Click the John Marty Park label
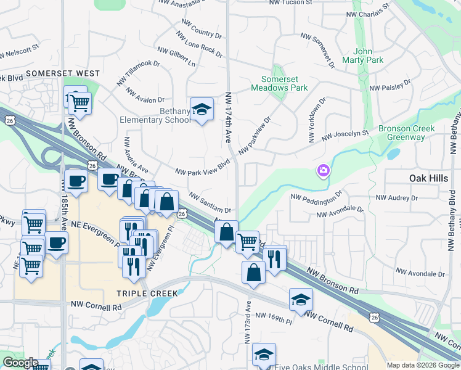(x=369, y=55)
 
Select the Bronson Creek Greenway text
(x=406, y=133)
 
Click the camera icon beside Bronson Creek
(x=323, y=170)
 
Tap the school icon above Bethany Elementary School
(x=201, y=109)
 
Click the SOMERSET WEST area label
(x=63, y=73)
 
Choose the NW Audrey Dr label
(x=396, y=198)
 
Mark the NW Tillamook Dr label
(x=138, y=72)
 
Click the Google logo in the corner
(x=20, y=363)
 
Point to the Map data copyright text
(x=422, y=365)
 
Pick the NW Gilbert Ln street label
(x=176, y=57)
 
